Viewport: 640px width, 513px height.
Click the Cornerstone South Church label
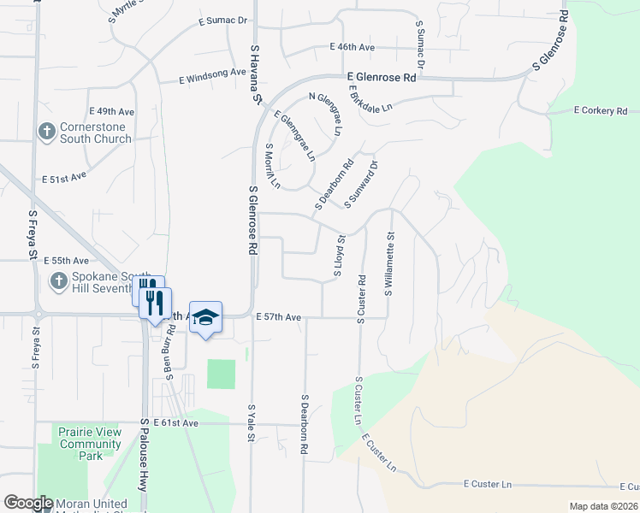[95, 133]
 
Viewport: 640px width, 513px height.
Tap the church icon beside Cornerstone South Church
[46, 132]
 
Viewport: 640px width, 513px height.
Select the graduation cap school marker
[205, 317]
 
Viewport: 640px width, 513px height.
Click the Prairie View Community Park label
[90, 444]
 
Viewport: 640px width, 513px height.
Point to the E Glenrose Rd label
[382, 77]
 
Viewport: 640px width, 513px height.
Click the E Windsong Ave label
[213, 74]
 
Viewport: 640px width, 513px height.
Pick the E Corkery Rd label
[601, 111]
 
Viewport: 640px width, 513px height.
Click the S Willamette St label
[389, 264]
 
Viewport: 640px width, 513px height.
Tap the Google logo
[28, 504]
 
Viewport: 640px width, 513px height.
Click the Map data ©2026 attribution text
[603, 506]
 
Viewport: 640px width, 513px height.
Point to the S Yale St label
[252, 423]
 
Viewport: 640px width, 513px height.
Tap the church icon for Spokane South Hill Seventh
[58, 280]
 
